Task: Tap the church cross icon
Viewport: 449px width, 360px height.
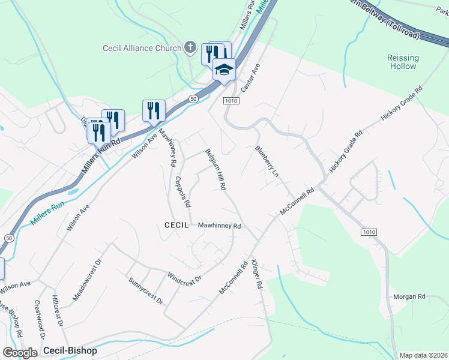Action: point(190,47)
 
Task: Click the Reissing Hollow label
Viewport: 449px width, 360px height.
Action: point(403,62)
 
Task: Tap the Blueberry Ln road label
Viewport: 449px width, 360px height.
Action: point(267,161)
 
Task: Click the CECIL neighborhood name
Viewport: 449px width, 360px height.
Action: point(176,225)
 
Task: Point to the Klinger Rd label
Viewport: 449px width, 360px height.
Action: point(257,275)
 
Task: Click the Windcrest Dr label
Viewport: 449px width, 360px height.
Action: point(184,275)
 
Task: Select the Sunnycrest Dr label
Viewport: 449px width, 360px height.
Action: point(146,291)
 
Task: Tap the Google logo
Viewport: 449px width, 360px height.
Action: point(20,352)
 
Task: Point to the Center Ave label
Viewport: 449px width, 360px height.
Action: point(249,78)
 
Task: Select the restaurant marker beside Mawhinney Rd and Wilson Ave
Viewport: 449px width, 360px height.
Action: point(154,110)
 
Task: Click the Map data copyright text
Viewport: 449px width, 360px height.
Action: point(423,355)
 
